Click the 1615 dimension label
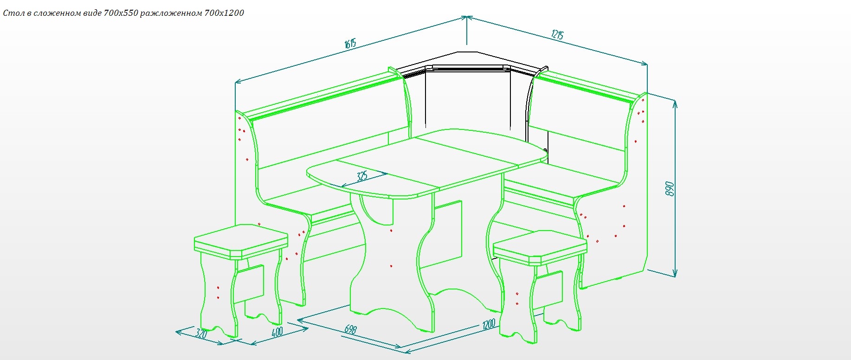click(350, 44)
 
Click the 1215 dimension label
click(557, 34)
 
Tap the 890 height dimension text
click(669, 189)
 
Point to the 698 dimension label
click(351, 329)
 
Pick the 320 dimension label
click(201, 333)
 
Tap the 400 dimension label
click(277, 333)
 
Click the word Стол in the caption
click(13, 13)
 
